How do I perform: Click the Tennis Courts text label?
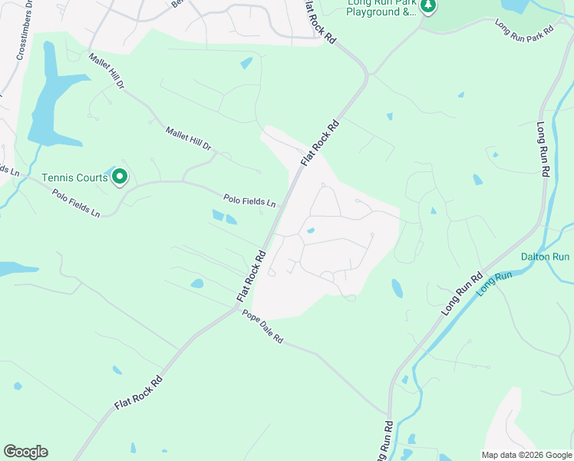[x=74, y=177]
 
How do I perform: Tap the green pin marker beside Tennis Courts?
[x=120, y=177]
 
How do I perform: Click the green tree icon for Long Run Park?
[x=428, y=7]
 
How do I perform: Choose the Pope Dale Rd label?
[x=262, y=327]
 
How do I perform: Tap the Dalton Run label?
[x=546, y=257]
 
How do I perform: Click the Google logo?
[x=25, y=452]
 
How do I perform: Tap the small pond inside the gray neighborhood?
[x=310, y=230]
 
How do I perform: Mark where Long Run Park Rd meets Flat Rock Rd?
[x=368, y=75]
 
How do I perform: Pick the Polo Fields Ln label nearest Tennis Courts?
[x=77, y=201]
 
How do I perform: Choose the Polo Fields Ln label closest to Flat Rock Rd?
[x=249, y=201]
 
